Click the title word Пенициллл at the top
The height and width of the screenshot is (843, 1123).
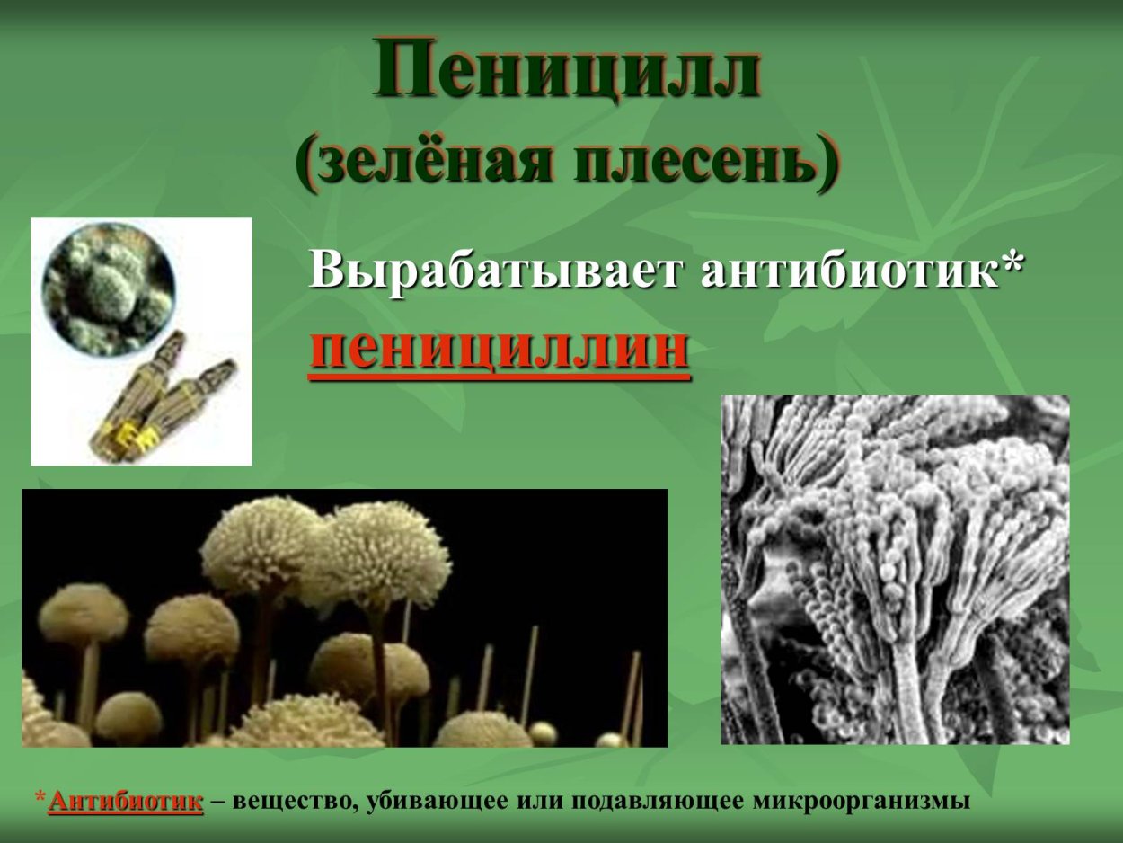point(568,70)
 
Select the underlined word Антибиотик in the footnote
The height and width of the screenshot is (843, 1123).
point(126,802)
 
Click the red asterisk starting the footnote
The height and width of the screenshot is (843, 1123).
point(40,798)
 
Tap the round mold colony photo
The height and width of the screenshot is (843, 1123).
point(108,288)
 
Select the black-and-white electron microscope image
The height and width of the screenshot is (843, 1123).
point(895,569)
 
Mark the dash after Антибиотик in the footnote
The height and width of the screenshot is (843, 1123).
point(217,802)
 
